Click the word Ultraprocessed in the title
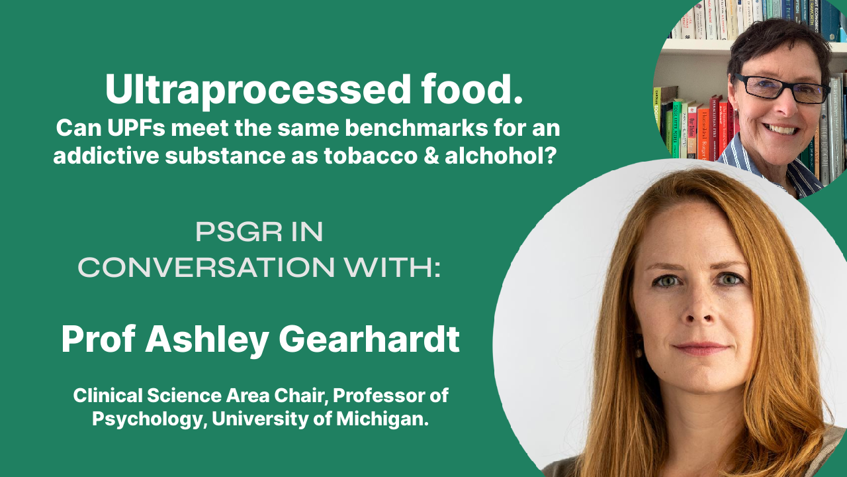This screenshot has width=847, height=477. pos(257,90)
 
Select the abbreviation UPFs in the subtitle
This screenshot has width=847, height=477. pos(136,128)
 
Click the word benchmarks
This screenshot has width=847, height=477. pos(416,128)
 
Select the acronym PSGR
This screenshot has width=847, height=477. pos(239,232)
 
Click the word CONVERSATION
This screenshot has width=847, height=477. pos(206,267)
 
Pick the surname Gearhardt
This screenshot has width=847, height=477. pos(369,339)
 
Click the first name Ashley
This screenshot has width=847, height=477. pos(207,340)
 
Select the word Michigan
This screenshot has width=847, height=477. pos(382,419)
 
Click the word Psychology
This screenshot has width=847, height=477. pos(148,419)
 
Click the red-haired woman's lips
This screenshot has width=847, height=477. pos(701,349)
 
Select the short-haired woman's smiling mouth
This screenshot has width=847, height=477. pos(781,129)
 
